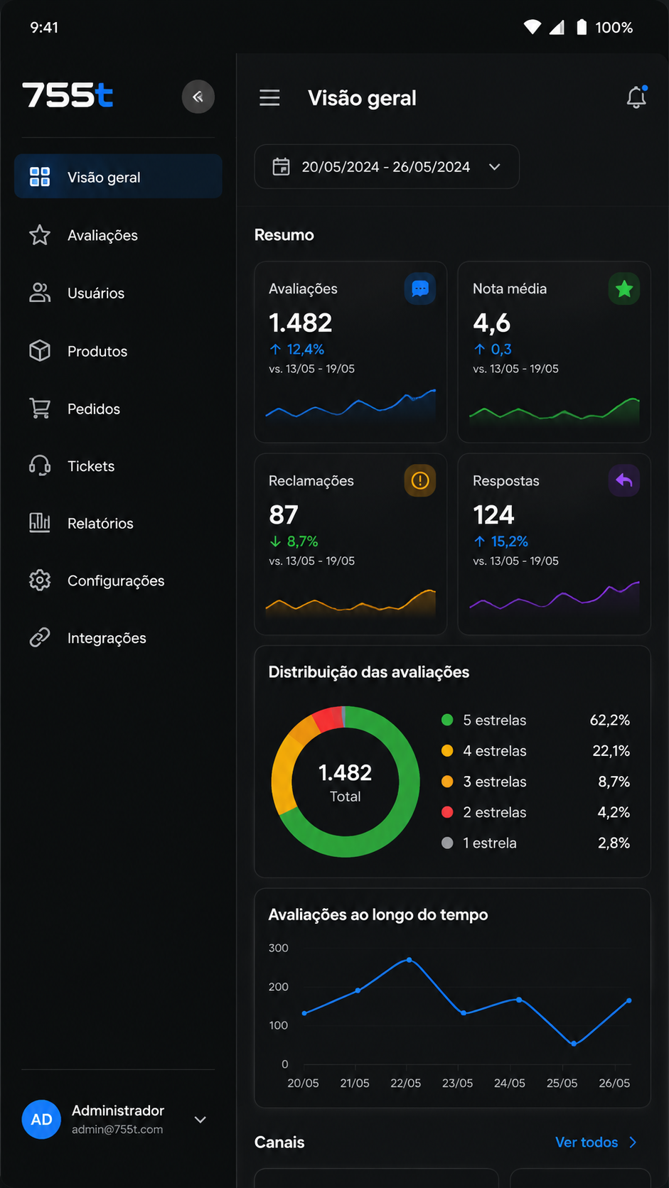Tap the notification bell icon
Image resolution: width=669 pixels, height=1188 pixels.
(636, 97)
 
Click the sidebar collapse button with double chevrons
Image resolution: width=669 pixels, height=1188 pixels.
(198, 97)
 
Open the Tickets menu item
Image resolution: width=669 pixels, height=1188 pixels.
(91, 466)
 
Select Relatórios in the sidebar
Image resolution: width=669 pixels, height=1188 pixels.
(100, 524)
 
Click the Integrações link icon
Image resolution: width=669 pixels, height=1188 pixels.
(40, 637)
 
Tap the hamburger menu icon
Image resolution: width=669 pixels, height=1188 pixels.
(269, 97)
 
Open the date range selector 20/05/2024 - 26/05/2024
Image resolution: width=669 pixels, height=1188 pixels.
(387, 166)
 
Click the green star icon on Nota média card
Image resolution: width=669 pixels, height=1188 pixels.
(624, 289)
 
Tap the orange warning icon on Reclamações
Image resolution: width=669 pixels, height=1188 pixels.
(420, 480)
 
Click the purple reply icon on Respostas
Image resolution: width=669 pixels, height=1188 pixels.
(624, 480)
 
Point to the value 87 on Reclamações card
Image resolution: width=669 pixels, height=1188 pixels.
(284, 515)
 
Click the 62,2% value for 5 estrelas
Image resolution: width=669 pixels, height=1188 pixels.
(609, 720)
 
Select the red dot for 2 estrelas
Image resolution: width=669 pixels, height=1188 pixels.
(447, 812)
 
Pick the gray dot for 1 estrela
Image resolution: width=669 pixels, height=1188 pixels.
(447, 843)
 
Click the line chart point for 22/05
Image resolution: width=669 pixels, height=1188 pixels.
(409, 960)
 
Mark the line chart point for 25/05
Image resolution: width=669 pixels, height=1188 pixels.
(574, 1044)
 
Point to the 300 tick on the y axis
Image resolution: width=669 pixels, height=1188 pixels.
(279, 948)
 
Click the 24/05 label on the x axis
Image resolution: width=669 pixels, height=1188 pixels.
(509, 1083)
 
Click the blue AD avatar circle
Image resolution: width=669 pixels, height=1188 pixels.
(41, 1119)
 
